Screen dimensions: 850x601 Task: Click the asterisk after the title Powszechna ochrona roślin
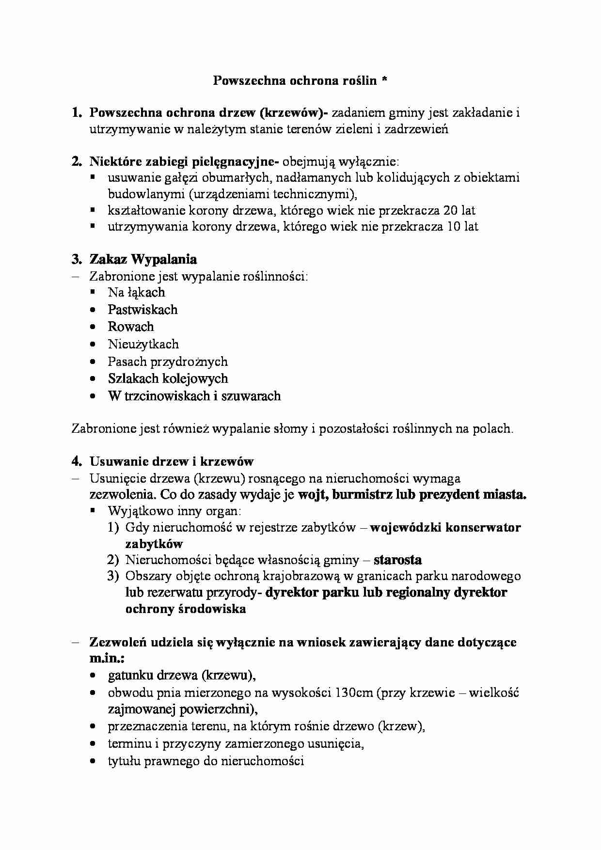(384, 80)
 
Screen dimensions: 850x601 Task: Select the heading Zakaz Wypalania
(143, 259)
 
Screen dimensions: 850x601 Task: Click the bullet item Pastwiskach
(142, 310)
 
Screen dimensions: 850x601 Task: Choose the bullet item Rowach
(130, 327)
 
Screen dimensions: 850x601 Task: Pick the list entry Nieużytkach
(143, 344)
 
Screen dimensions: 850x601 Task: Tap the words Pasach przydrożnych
(167, 362)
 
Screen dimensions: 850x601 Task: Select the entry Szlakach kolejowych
(168, 378)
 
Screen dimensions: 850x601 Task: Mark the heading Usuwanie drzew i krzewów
(172, 461)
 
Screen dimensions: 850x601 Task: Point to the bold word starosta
(397, 560)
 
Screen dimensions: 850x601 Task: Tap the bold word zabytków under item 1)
(154, 543)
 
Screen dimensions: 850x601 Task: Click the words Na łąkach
(136, 292)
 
